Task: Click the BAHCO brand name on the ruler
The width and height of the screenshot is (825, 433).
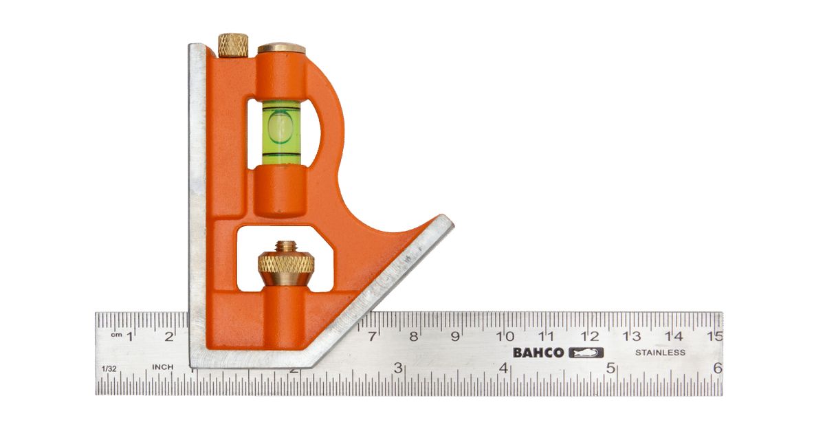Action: click(538, 353)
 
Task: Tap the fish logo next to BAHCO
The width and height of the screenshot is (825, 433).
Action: click(586, 353)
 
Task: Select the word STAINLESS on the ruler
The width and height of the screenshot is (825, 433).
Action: click(660, 353)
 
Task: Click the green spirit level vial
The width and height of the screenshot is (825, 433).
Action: click(281, 132)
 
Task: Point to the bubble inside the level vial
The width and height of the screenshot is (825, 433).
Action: click(280, 127)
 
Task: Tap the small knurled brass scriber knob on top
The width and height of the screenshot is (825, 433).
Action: click(233, 45)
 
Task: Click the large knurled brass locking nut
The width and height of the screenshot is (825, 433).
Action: click(286, 263)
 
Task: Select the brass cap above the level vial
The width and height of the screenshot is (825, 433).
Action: click(281, 48)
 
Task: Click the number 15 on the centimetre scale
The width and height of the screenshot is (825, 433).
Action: click(715, 336)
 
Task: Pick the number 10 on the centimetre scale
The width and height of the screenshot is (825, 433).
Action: click(505, 336)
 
